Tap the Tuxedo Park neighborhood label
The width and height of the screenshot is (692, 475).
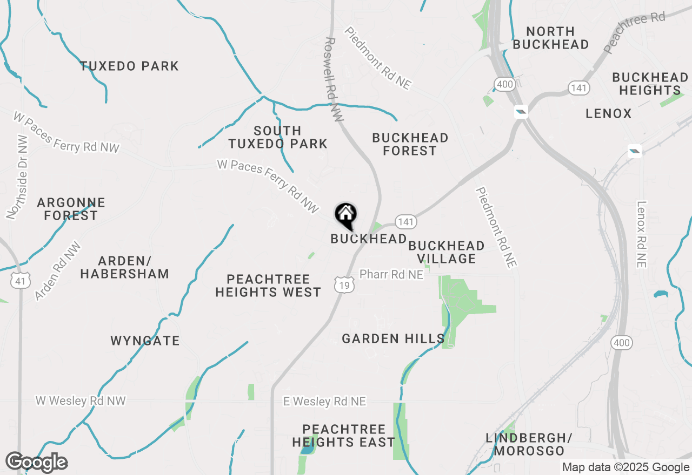pos(129,66)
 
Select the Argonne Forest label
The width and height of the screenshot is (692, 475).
pos(71,209)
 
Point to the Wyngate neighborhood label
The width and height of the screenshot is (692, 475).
pos(145,341)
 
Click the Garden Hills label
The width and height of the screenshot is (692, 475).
pos(393,339)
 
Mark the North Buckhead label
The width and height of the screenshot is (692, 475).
pos(550,38)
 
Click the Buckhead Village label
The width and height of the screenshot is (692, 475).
pos(446,252)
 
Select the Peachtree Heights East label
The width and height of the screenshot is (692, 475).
pos(343,436)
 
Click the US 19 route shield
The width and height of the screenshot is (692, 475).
pos(344,285)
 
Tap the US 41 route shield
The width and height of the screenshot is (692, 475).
pos(20,280)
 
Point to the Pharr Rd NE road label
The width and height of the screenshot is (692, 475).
pos(391,275)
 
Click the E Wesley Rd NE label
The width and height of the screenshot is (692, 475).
pos(324,402)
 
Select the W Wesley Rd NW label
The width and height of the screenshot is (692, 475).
pos(81,401)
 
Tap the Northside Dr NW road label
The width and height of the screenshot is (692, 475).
pos(17,177)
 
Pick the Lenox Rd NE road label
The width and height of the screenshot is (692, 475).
pos(642,234)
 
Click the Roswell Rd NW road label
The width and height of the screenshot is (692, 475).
pos(334,79)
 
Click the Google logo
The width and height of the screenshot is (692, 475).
pos(36,462)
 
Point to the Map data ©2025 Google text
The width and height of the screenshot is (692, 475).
pos(626,467)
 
